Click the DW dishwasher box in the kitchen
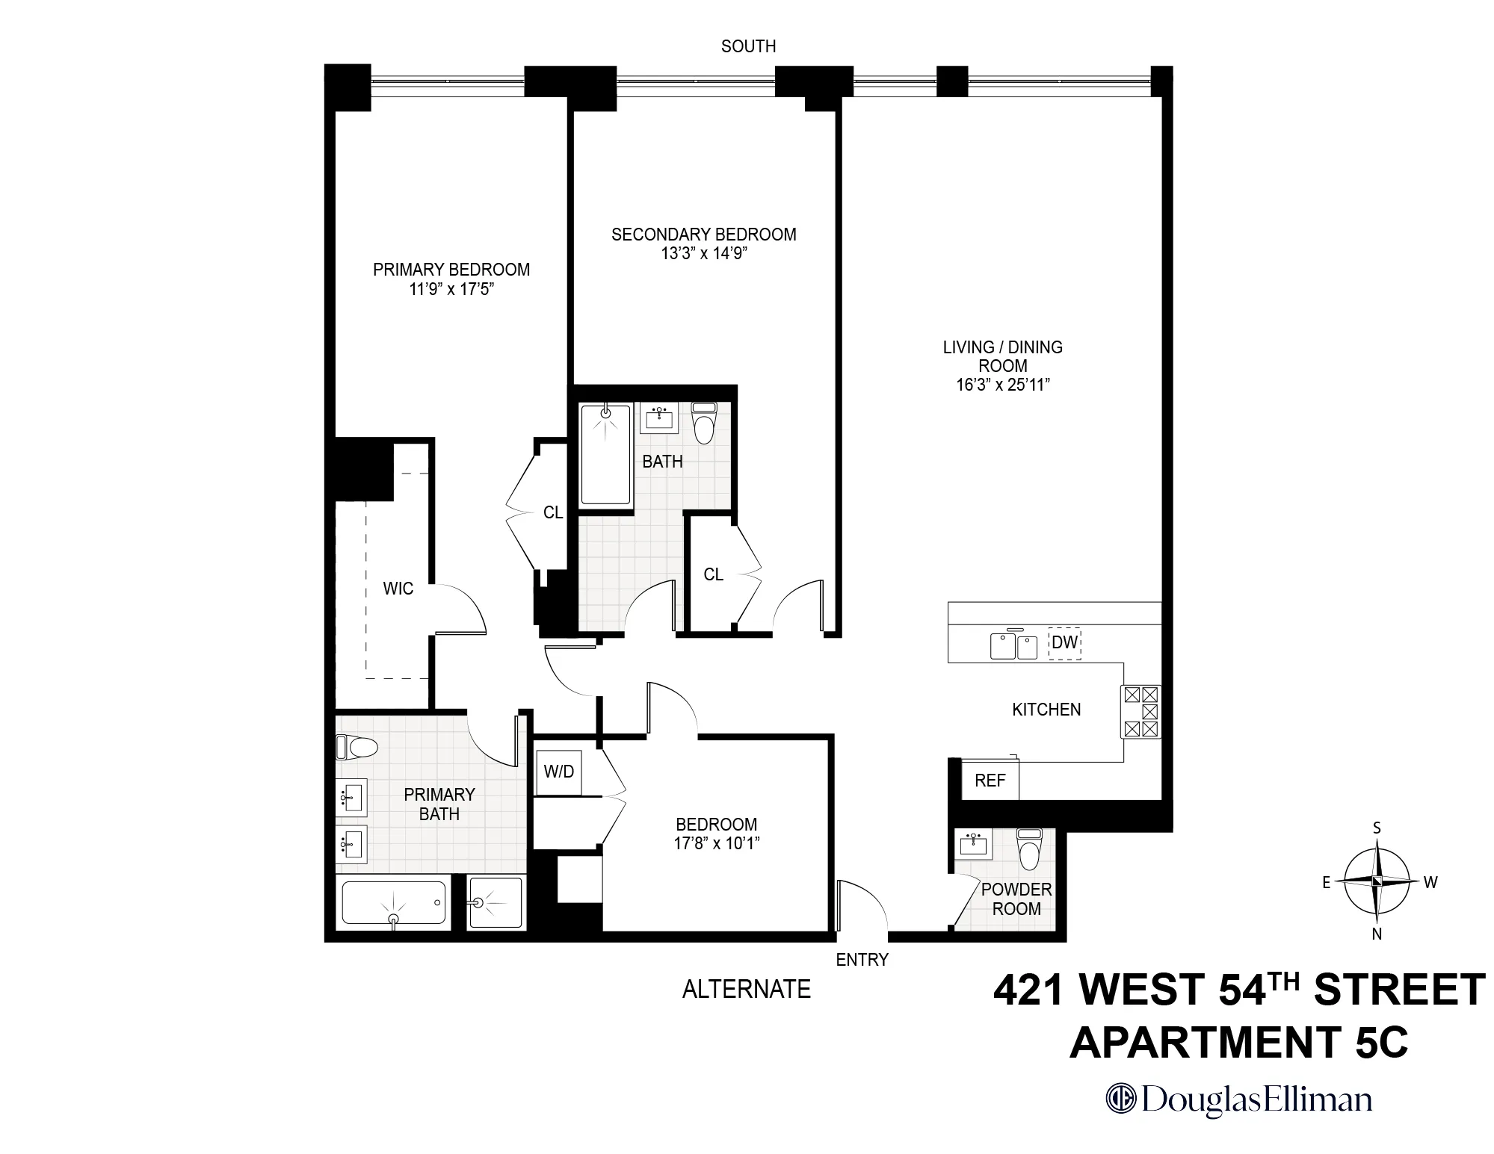[x=1064, y=642]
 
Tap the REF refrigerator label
[x=990, y=781]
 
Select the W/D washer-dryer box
[x=559, y=772]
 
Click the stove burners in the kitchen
[x=1140, y=711]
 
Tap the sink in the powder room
[x=973, y=845]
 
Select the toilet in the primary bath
[x=356, y=746]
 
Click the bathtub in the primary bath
[x=394, y=902]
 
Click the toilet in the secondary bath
[x=703, y=424]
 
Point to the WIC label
[x=398, y=589]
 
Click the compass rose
[x=1377, y=881]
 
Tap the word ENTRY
[x=862, y=960]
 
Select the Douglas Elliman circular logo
[x=1120, y=1099]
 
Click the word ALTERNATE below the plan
[x=746, y=989]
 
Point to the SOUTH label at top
[x=748, y=46]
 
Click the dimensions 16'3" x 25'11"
[x=1002, y=385]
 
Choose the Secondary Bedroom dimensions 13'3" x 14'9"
[x=704, y=253]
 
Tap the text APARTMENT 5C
[x=1238, y=1043]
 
